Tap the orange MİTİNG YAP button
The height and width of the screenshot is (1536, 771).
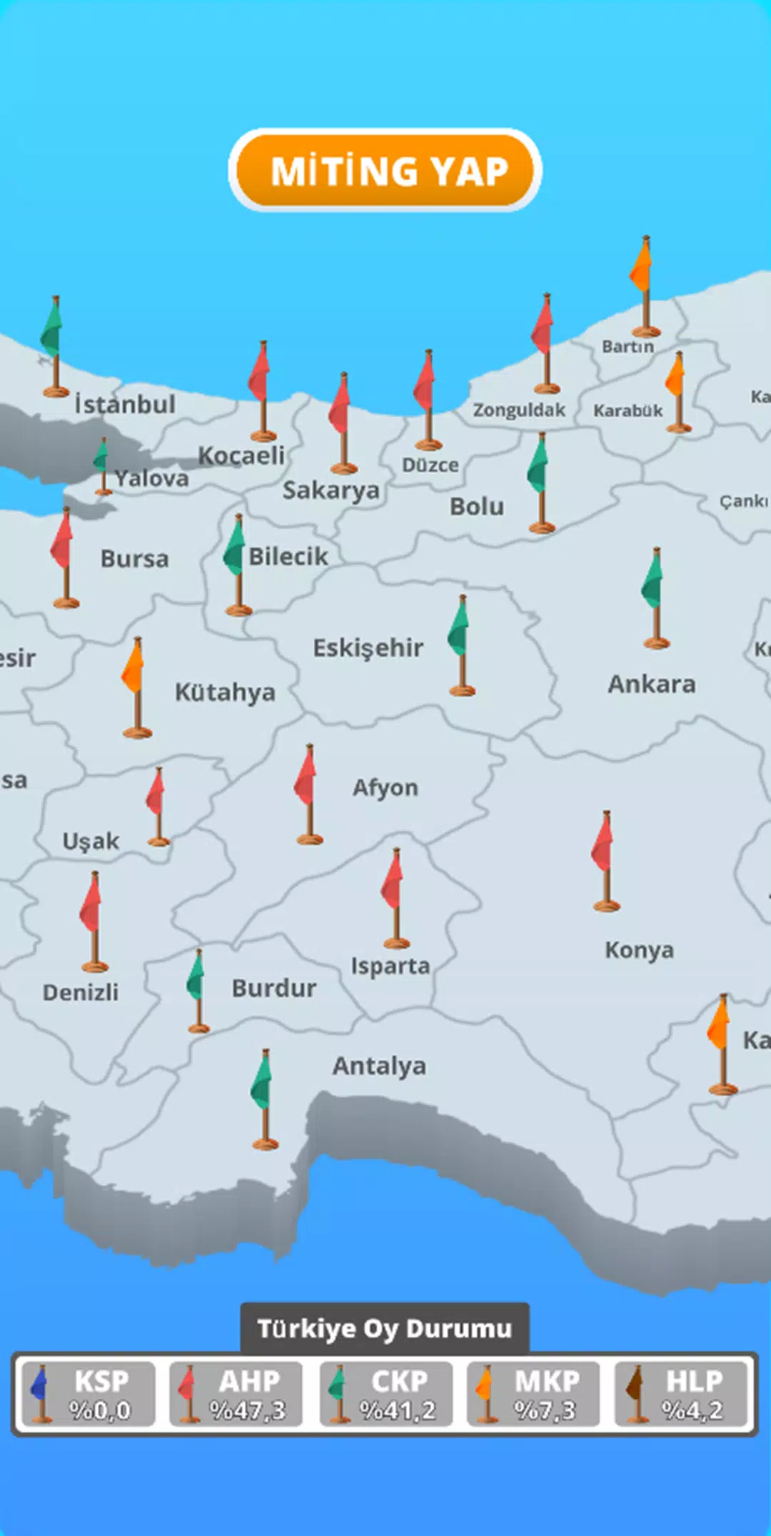[385, 171]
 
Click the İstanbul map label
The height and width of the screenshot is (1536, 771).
[125, 405]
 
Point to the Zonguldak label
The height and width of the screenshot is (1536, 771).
[519, 410]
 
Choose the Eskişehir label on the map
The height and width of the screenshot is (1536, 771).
[368, 648]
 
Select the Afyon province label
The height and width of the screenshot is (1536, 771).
[385, 788]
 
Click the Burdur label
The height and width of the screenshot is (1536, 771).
[274, 989]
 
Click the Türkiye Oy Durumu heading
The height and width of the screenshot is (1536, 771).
[385, 1328]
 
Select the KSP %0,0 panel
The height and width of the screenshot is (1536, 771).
[88, 1394]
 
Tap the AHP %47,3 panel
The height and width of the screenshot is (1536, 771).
[236, 1394]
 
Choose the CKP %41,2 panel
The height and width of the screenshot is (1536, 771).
[385, 1394]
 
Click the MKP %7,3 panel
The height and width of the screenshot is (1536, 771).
[533, 1394]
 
